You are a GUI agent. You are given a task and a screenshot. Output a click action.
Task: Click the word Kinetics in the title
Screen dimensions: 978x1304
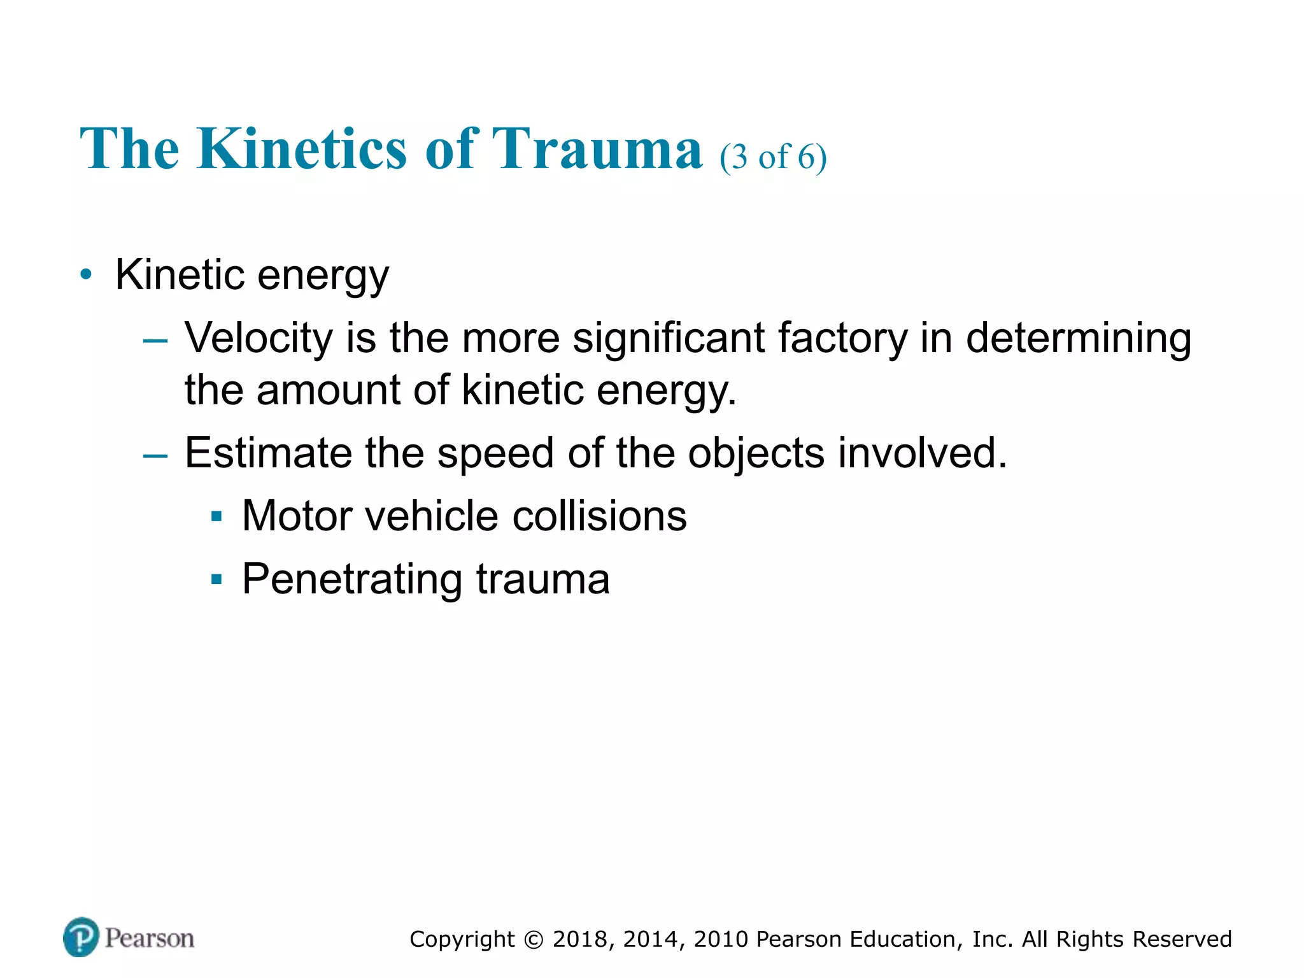coord(301,149)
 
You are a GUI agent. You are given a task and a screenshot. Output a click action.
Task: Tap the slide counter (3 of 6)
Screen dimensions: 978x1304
coord(773,157)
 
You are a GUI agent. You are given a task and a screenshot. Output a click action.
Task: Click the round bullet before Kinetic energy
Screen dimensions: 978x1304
coord(86,275)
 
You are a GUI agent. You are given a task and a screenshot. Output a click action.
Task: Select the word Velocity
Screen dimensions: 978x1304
coord(258,338)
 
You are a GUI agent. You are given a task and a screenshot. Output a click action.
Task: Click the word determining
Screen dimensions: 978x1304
coord(1078,338)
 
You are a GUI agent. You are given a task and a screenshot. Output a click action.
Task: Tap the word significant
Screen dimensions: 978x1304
coord(668,338)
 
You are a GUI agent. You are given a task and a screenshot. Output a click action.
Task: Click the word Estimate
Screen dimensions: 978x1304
coord(267,453)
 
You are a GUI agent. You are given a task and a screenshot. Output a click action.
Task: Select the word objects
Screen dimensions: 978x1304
coord(756,453)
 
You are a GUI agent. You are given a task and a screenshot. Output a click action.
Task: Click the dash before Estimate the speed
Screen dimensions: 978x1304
coord(155,456)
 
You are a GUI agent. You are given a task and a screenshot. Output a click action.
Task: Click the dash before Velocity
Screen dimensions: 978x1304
coord(155,341)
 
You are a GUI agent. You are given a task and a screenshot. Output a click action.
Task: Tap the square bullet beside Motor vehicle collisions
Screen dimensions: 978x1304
coord(216,516)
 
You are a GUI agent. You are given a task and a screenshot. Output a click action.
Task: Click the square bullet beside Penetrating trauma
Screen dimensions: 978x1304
coord(216,579)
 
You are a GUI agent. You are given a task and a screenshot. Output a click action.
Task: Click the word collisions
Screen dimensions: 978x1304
coord(599,516)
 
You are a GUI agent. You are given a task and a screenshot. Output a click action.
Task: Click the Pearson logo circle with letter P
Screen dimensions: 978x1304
coord(81,937)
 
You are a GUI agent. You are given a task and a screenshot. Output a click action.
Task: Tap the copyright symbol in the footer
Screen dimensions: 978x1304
coord(534,940)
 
